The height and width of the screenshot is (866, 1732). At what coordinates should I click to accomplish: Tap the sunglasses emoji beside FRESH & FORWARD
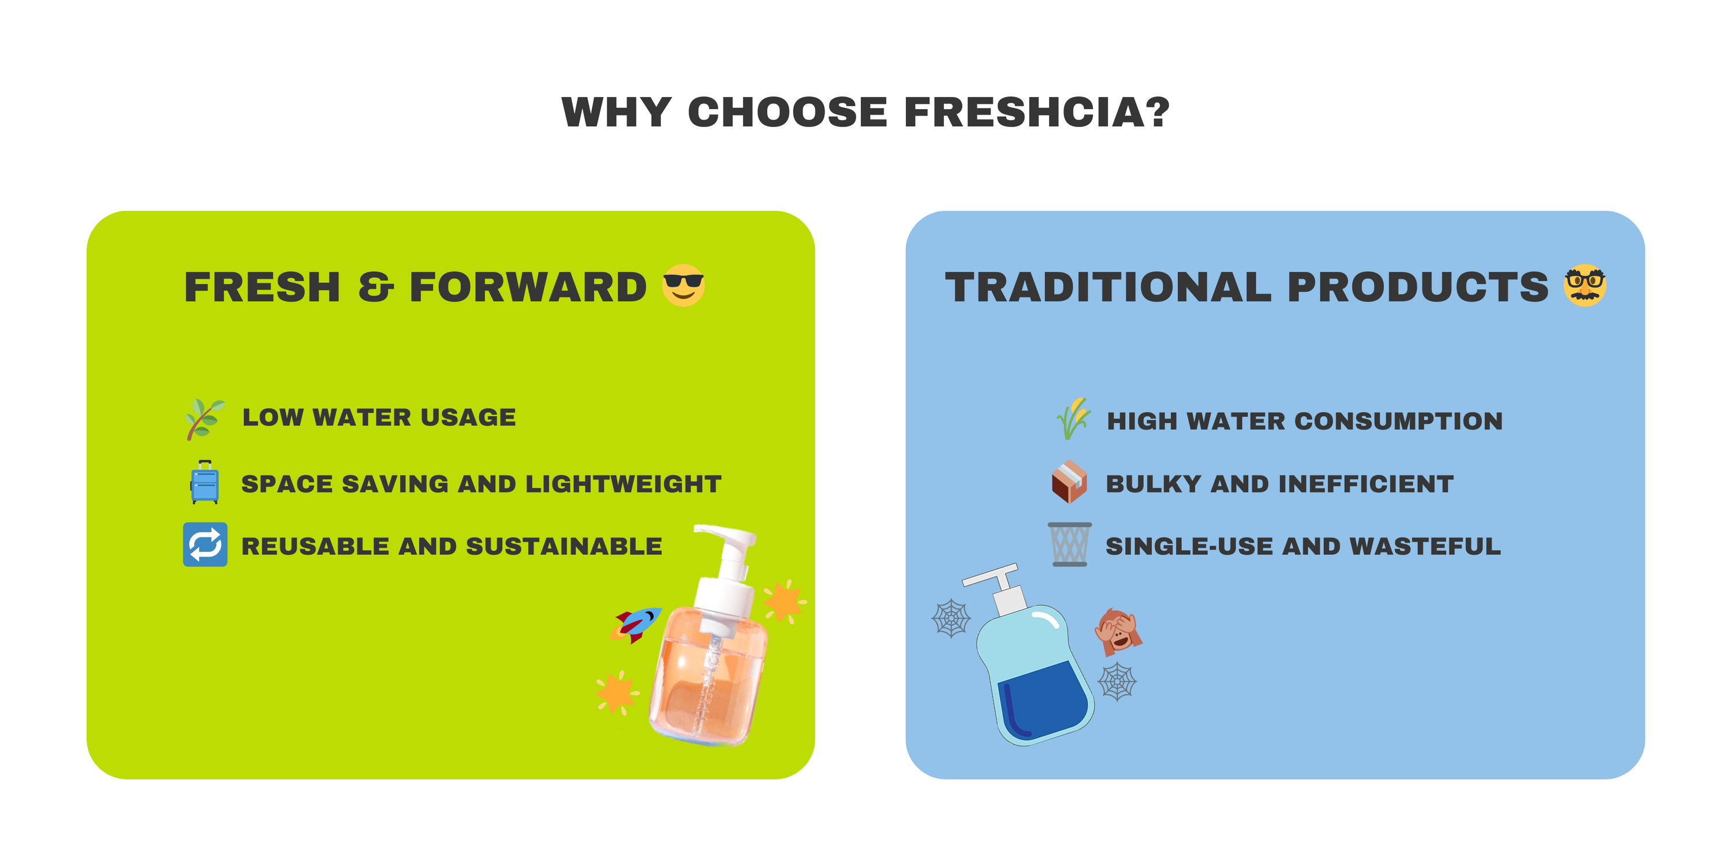683,285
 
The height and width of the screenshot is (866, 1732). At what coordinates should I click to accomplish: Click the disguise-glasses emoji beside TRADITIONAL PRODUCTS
1585,285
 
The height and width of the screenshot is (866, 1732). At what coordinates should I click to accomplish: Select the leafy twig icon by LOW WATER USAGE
205,419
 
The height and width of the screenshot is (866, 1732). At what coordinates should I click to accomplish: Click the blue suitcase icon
204,482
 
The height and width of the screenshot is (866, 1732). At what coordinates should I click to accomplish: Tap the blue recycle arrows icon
205,544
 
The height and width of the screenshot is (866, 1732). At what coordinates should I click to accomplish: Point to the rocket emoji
636,625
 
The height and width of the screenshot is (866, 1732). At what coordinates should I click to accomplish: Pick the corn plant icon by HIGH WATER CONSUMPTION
1073,419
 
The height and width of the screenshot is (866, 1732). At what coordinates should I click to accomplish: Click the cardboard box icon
1069,482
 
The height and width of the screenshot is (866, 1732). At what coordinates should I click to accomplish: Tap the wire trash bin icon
1069,544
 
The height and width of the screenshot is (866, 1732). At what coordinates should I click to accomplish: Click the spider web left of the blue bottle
951,618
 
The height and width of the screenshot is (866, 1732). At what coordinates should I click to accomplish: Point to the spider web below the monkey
1118,682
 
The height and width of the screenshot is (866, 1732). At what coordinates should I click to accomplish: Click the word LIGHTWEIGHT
624,484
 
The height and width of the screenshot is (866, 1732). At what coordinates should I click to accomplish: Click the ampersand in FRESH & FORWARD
375,288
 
